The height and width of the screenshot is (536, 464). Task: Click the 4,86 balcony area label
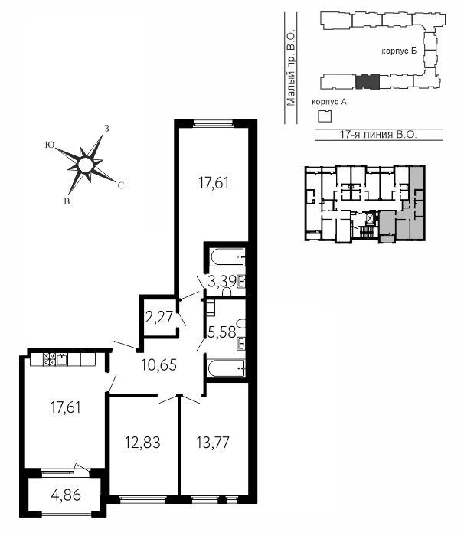(x=66, y=495)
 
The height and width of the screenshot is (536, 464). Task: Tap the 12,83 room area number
(x=142, y=443)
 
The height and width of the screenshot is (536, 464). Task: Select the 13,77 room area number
(x=213, y=443)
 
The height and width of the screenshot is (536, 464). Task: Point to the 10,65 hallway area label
(x=159, y=364)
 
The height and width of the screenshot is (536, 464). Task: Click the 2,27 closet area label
(x=159, y=317)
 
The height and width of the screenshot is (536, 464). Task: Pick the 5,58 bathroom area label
(x=222, y=332)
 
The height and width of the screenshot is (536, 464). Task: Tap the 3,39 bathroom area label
(x=222, y=282)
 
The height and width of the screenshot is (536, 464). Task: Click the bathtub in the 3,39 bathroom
(x=227, y=257)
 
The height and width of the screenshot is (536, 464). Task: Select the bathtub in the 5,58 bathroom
(x=227, y=368)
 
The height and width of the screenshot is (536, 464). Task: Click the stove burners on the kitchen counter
(x=50, y=360)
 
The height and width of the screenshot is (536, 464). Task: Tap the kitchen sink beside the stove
(x=62, y=360)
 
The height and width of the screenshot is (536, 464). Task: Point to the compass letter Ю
(x=50, y=145)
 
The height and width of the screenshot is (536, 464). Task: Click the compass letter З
(x=106, y=129)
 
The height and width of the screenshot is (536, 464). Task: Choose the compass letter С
(x=121, y=185)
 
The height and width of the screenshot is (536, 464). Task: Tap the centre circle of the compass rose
(x=86, y=165)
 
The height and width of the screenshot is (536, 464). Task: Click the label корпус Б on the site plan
(x=399, y=51)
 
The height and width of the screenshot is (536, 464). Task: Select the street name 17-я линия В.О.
(x=378, y=134)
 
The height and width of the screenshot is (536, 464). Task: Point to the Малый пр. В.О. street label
(x=291, y=69)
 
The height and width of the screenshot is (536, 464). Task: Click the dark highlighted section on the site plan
(x=368, y=82)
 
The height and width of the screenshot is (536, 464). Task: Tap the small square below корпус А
(x=325, y=116)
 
